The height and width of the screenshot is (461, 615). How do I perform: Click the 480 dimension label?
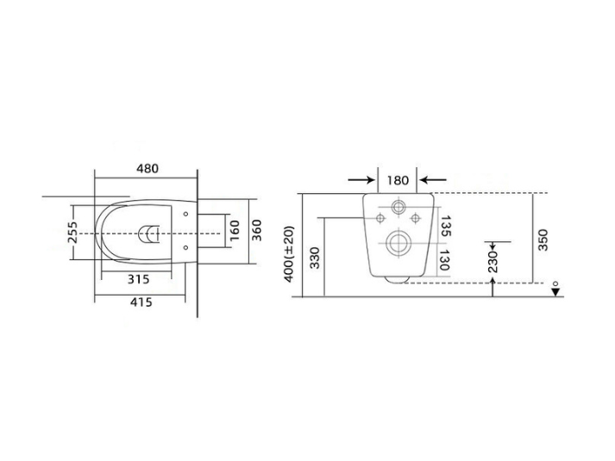point(146,169)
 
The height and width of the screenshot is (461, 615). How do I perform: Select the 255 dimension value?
point(73,233)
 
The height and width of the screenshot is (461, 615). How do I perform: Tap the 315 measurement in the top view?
point(140,278)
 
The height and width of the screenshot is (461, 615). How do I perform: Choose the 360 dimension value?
point(256,230)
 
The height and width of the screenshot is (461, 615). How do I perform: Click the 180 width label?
point(398,181)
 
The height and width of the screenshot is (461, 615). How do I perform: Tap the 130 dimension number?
point(446,259)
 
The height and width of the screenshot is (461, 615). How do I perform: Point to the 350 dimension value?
point(543,238)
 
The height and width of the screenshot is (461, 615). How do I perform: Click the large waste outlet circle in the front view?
point(398,244)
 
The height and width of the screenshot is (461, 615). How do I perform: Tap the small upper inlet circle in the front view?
point(398,208)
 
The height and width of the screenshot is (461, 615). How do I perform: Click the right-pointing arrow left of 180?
point(361,181)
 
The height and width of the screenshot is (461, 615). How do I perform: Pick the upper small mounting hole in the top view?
point(186,212)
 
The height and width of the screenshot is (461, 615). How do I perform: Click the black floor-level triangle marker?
point(556,293)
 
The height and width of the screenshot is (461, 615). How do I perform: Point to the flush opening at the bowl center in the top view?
point(149,232)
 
